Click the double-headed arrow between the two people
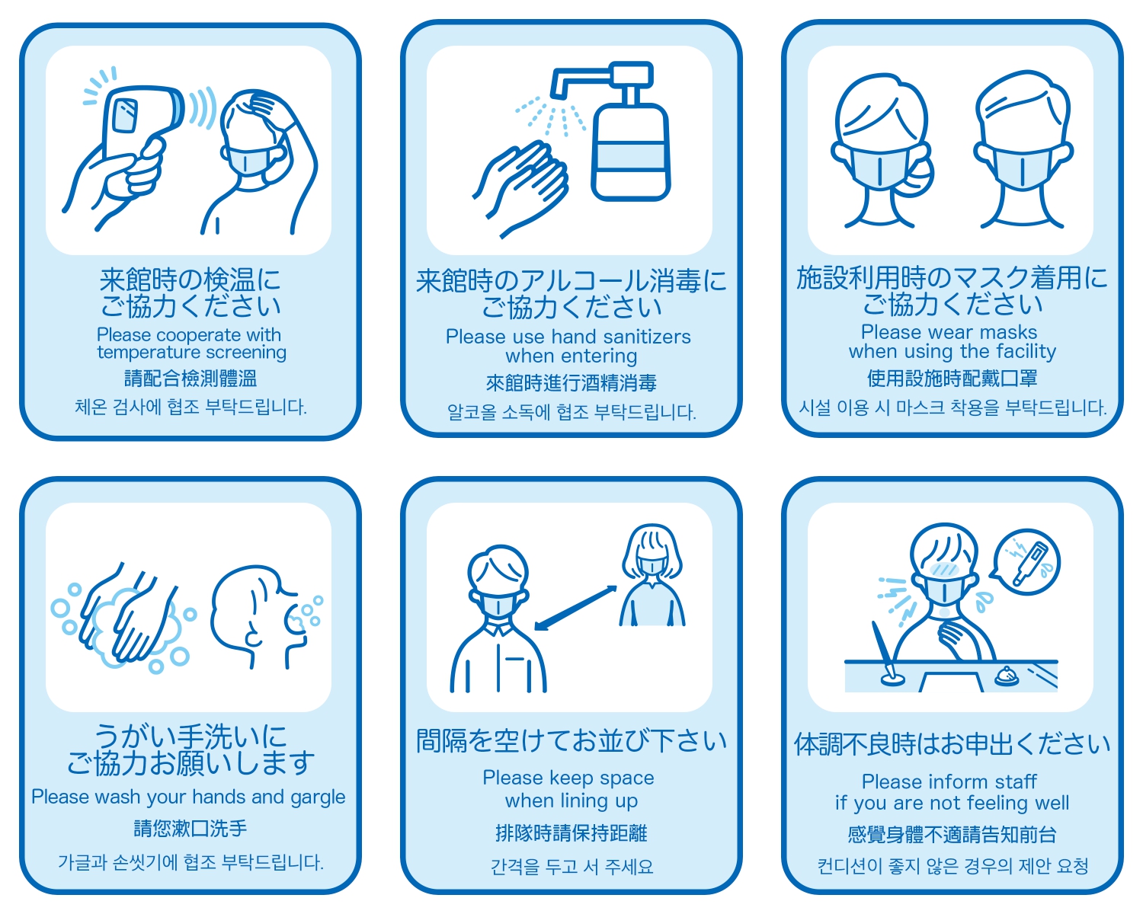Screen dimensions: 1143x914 575,608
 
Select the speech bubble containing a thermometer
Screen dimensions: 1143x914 1026,561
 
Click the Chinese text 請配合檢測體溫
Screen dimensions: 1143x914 190,379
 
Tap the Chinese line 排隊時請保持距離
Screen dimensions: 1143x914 571,833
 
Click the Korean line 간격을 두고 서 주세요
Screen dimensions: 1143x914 571,867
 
